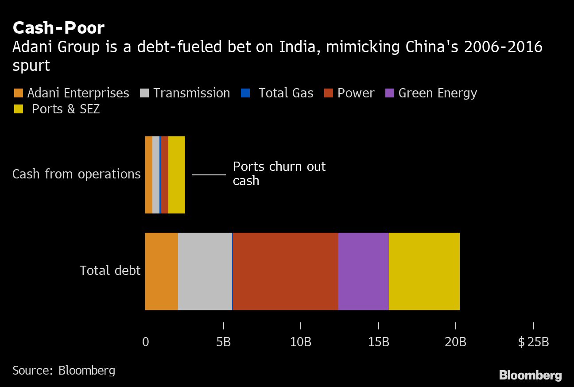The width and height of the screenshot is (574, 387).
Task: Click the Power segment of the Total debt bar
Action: [286, 271]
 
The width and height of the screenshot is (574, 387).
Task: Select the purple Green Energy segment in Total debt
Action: [364, 271]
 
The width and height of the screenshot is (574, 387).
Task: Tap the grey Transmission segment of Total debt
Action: [205, 271]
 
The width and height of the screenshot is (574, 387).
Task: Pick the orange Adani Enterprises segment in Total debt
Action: [162, 271]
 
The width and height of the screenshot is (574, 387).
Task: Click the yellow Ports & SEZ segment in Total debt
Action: [424, 271]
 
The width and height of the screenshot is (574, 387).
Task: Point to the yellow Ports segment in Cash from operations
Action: [177, 175]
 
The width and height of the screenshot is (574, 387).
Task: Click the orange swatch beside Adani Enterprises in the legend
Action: [18, 93]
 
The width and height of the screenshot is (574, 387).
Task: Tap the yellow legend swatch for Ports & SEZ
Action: [18, 109]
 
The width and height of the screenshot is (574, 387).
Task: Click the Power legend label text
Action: [356, 93]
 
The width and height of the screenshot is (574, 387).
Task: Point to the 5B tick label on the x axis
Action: [223, 342]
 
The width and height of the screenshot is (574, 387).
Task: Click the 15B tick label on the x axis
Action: [378, 342]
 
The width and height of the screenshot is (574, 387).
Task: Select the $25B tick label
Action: [533, 342]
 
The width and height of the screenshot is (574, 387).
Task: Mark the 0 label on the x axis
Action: [146, 342]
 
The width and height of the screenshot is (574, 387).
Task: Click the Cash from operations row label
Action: [76, 174]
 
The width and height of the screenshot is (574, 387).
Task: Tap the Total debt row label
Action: [110, 271]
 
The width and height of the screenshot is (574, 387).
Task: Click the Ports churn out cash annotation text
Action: [279, 173]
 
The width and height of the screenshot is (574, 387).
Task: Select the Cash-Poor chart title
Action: [58, 28]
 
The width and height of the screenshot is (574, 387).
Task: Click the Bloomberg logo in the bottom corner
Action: [530, 375]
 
